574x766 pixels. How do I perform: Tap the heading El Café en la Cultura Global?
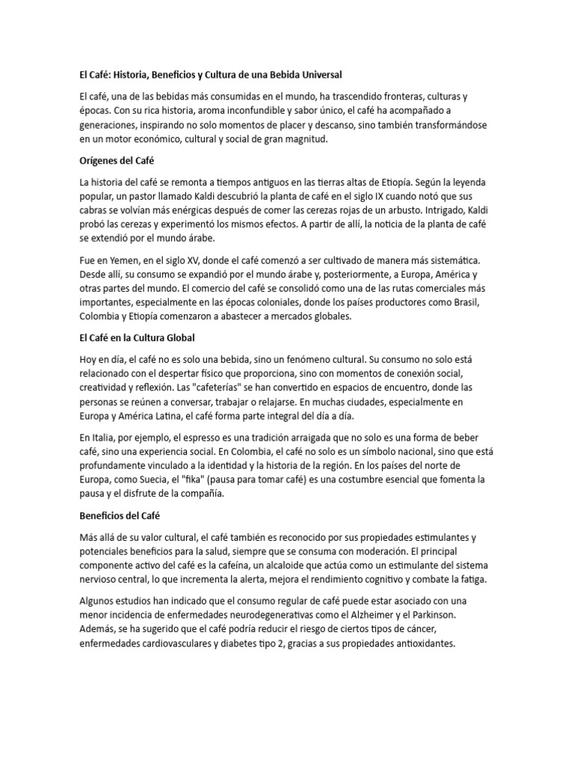click(136, 338)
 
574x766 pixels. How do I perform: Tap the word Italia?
click(104, 437)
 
